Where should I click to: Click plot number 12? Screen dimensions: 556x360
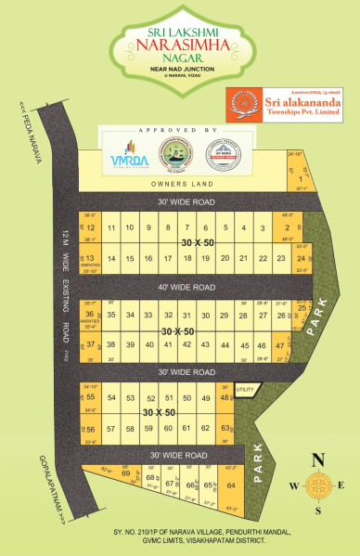pos(91,227)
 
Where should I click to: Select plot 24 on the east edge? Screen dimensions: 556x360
pos(301,258)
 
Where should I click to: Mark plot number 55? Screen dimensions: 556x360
pos(90,397)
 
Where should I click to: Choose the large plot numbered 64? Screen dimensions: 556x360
pos(232,485)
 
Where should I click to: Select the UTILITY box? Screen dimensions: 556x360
pos(244,389)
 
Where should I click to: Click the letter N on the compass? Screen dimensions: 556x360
pos(318,458)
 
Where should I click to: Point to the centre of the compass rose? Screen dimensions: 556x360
pos(318,485)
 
